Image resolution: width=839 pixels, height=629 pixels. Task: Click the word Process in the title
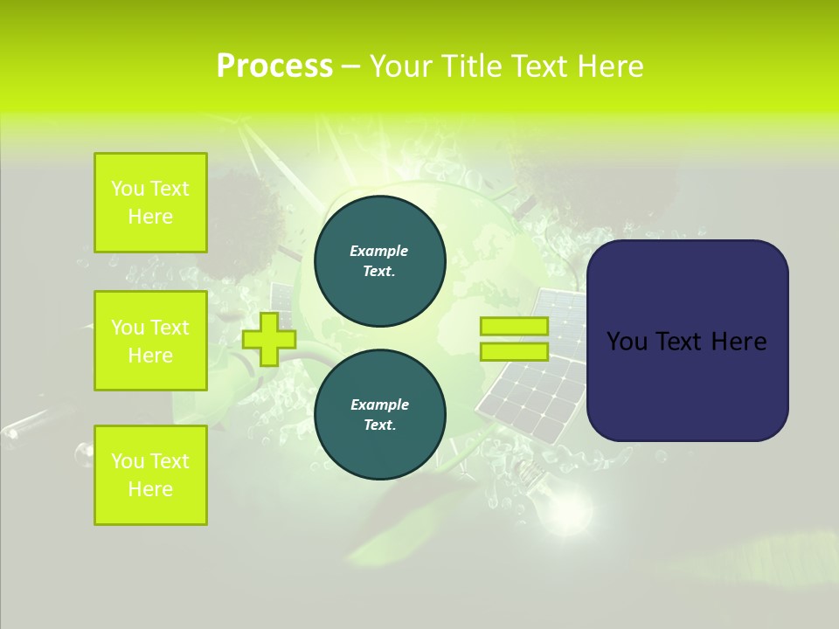click(x=274, y=66)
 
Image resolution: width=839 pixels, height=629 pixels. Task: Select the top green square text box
click(x=150, y=203)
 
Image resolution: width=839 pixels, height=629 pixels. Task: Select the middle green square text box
click(x=150, y=341)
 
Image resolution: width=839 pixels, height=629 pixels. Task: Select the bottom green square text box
click(x=150, y=475)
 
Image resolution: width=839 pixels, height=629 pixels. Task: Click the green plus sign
click(x=269, y=339)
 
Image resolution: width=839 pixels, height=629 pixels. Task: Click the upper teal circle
click(x=380, y=261)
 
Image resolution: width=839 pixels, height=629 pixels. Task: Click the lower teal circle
click(x=380, y=415)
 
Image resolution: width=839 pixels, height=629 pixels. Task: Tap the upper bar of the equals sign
click(x=514, y=327)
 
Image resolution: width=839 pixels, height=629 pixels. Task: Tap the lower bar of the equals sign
click(x=514, y=352)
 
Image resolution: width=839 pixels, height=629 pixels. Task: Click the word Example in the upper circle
click(x=379, y=251)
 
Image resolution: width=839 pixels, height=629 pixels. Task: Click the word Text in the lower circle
click(x=378, y=425)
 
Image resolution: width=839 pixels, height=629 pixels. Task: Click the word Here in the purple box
click(x=739, y=342)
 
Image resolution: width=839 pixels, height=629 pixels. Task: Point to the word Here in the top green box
click(x=150, y=217)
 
